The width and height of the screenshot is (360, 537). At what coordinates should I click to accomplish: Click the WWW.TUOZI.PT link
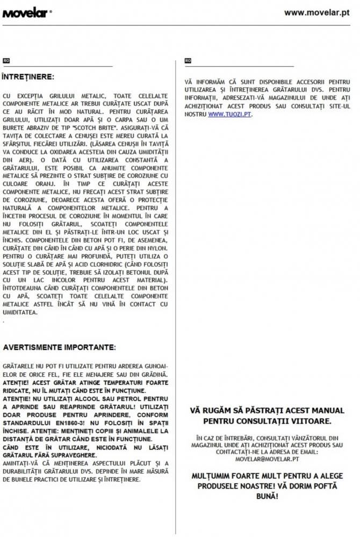(x=229, y=114)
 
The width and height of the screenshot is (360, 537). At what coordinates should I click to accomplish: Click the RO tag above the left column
(x=6, y=61)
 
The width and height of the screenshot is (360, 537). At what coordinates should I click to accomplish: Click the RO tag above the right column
(x=188, y=61)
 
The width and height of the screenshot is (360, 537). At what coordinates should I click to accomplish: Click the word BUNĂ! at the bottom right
(x=267, y=495)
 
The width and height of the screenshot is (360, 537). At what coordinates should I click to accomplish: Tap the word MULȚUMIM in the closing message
(x=214, y=476)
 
